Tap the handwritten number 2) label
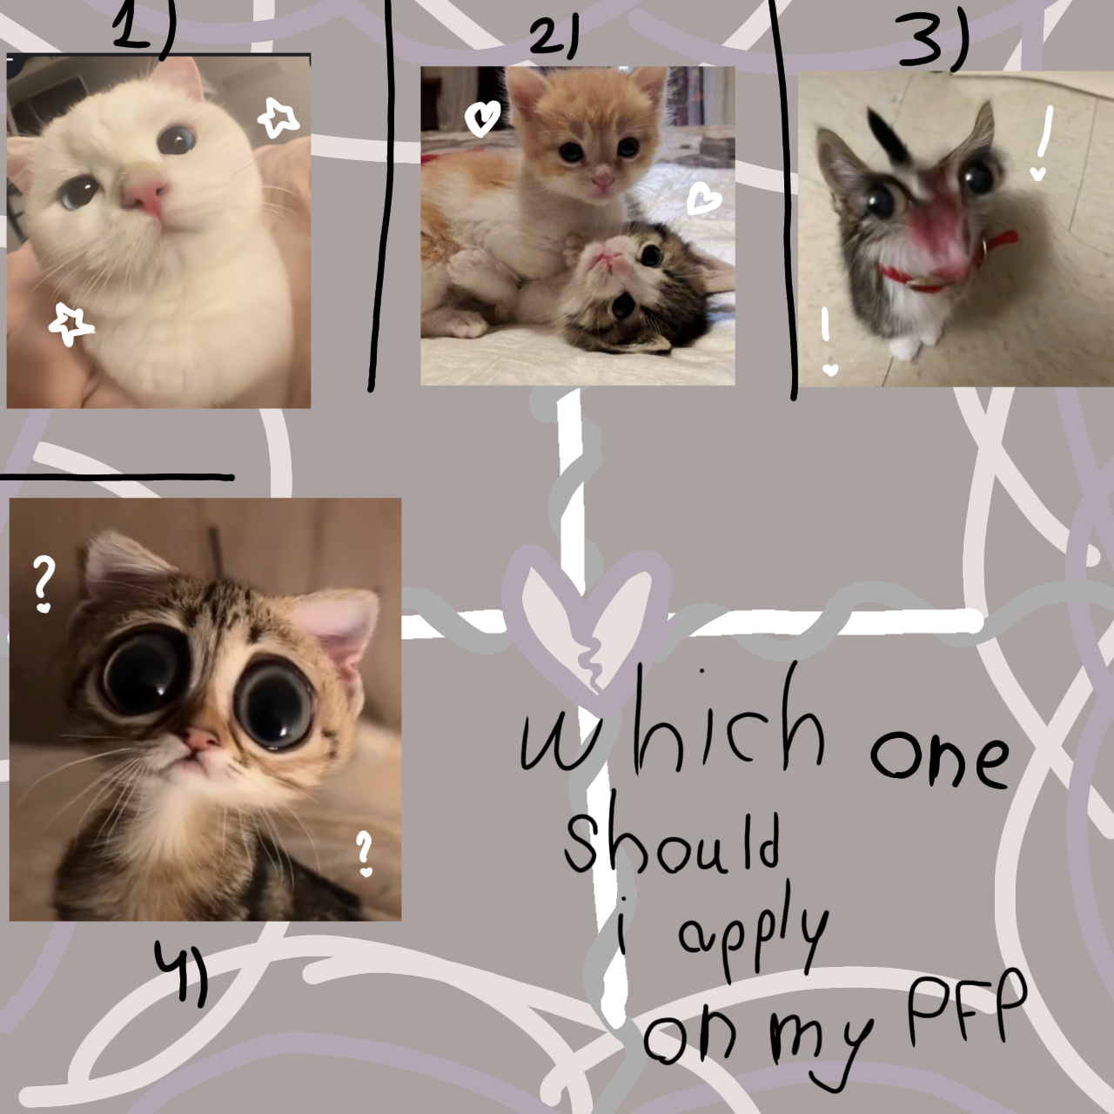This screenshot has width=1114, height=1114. pyautogui.click(x=554, y=39)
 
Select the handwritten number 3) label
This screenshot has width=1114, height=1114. pyautogui.click(x=932, y=44)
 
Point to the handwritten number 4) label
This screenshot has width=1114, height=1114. pyautogui.click(x=182, y=970)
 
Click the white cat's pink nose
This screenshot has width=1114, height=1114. pyautogui.click(x=146, y=195)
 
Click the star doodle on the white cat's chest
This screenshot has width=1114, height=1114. pyautogui.click(x=70, y=324)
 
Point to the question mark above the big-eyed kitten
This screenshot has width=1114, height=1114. pyautogui.click(x=43, y=584)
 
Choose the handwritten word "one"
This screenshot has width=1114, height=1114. pyautogui.click(x=940, y=757)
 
